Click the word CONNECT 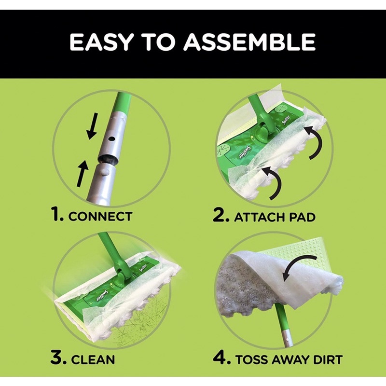point(100,216)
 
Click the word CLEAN point(93,359)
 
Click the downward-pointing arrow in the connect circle point(93,126)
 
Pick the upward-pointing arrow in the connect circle point(82,173)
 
